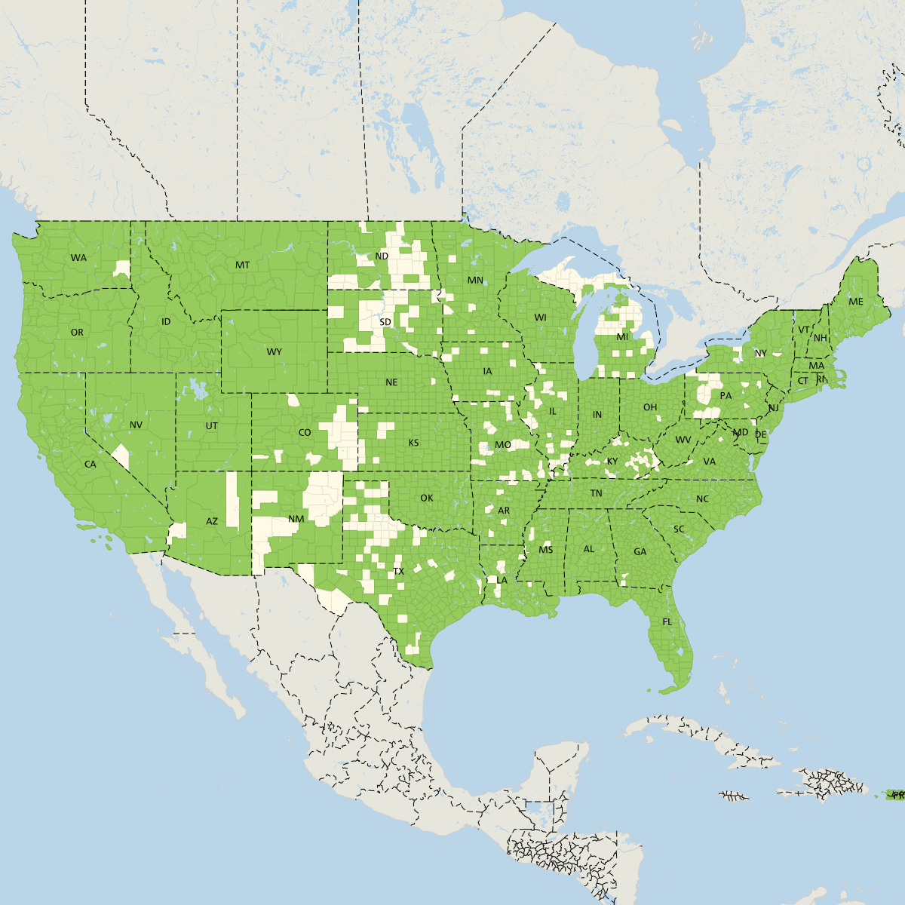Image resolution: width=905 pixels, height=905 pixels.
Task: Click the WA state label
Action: [78, 258]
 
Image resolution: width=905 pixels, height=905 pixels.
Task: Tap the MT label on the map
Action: [242, 265]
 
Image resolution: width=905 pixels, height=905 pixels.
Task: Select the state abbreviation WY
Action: [274, 352]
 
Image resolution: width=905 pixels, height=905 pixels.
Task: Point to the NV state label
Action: [136, 425]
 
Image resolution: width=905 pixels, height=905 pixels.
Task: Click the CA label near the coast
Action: [90, 465]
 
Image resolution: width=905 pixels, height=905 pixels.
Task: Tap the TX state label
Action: [399, 572]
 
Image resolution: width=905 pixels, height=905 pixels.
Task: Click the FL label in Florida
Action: [667, 622]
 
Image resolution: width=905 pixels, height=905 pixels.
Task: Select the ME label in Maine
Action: [855, 302]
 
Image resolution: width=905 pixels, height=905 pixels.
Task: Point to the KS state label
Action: [413, 443]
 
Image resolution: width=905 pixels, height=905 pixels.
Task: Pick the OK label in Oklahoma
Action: [427, 499]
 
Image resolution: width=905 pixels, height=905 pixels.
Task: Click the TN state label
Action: [596, 494]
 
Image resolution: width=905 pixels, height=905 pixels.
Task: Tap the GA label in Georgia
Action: [640, 552]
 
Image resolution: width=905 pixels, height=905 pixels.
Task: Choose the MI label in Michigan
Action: [622, 337]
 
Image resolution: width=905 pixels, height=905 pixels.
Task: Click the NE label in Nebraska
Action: [391, 383]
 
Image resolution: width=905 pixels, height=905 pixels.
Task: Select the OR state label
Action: [77, 333]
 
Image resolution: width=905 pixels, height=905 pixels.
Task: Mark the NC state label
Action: [702, 499]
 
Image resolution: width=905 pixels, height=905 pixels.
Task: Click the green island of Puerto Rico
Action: [897, 795]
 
